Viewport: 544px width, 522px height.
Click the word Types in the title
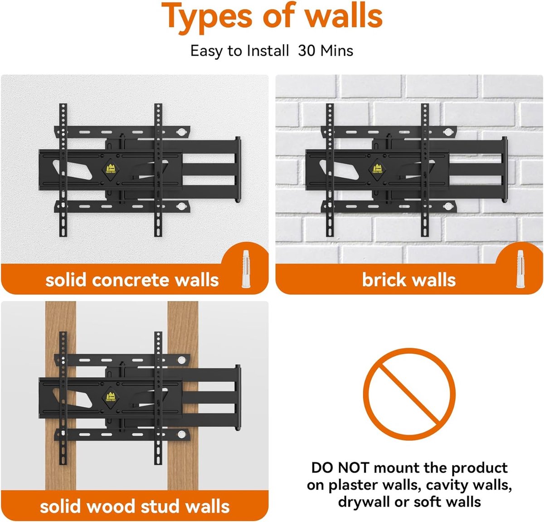[207, 17]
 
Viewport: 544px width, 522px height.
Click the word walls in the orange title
[343, 16]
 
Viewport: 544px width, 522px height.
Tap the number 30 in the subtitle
[306, 50]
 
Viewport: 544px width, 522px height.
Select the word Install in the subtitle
[267, 50]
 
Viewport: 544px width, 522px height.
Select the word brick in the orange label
[384, 280]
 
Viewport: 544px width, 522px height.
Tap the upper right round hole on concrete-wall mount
[182, 132]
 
